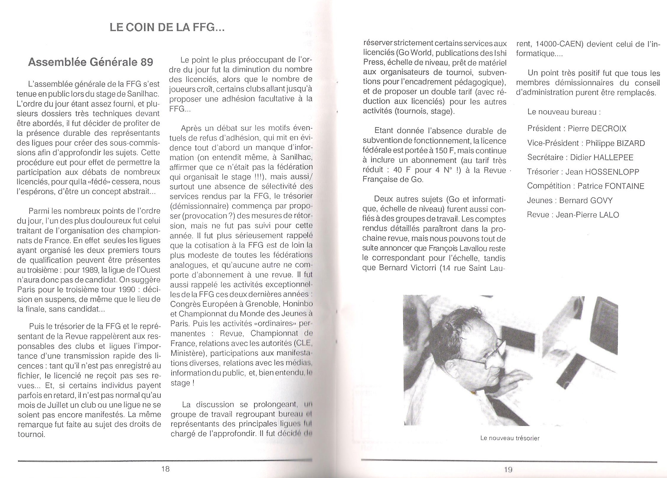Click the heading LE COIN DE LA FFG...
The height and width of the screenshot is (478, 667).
tap(167, 28)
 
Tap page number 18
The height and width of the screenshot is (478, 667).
tap(165, 469)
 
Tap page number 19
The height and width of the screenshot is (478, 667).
tap(508, 469)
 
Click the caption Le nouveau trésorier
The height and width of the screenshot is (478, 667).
tap(510, 438)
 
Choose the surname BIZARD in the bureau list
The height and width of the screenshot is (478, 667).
tap(631, 143)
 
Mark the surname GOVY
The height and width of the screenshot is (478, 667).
tap(601, 200)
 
